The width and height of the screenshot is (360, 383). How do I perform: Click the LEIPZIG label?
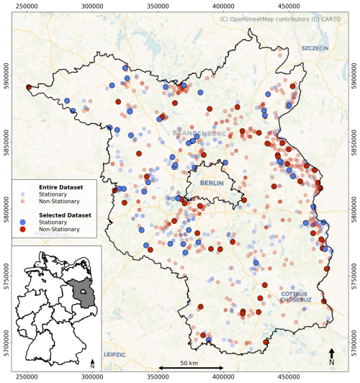tap(114, 355)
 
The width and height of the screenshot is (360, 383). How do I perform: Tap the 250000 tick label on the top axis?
tap(27, 6)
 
